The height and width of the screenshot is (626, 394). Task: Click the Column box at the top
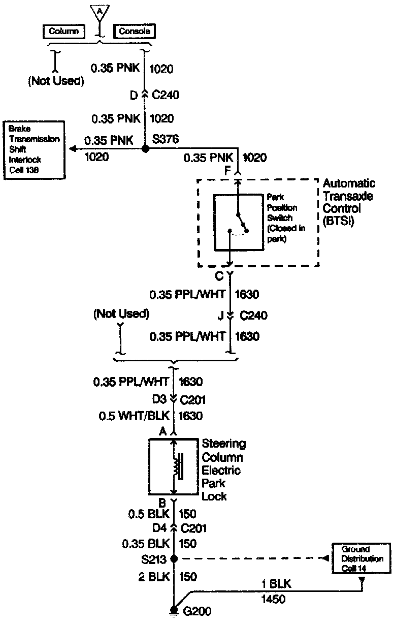tap(63, 31)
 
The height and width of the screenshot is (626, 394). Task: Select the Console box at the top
tap(134, 31)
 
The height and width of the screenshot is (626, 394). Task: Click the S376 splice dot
tap(145, 149)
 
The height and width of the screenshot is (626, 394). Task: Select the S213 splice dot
tap(174, 558)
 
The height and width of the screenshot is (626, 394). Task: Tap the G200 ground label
tap(198, 611)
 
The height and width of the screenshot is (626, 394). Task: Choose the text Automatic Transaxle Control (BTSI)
tap(349, 202)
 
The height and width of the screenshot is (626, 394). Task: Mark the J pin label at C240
tap(221, 316)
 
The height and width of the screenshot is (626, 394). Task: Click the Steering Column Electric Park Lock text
tap(223, 470)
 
